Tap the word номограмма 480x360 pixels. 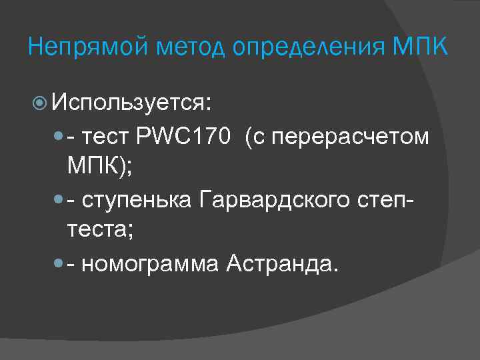click(150, 264)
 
